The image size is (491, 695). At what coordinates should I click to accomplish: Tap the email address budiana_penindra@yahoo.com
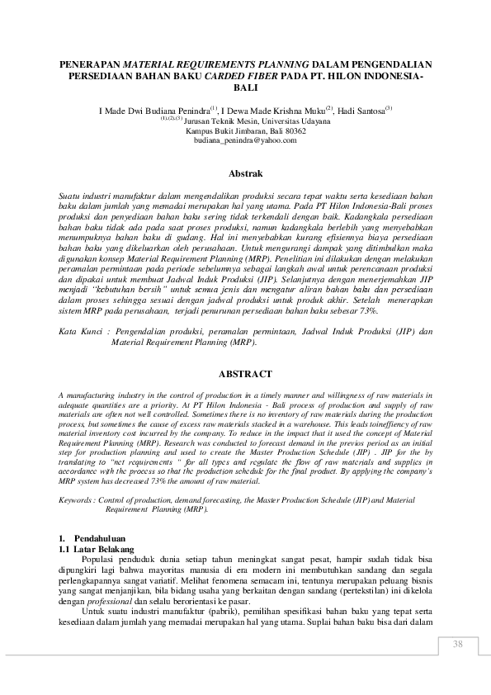(x=245, y=141)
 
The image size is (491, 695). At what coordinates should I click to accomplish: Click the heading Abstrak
(x=245, y=174)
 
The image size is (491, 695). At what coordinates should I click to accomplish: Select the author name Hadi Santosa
(x=362, y=110)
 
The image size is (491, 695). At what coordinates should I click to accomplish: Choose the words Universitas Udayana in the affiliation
(x=280, y=121)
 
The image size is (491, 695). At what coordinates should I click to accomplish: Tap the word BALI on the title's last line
(x=245, y=87)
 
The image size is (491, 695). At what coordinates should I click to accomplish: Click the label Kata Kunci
(x=78, y=331)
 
